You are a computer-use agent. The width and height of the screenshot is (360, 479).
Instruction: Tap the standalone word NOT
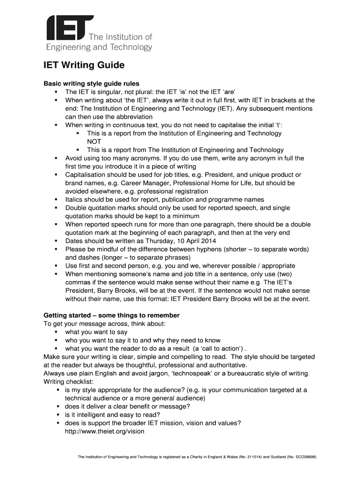[x=94, y=141]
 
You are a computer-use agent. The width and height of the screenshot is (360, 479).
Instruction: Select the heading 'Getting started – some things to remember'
[x=111, y=315]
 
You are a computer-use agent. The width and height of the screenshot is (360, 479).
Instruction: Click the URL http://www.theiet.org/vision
[x=105, y=431]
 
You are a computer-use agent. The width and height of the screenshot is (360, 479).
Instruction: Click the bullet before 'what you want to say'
[x=57, y=332]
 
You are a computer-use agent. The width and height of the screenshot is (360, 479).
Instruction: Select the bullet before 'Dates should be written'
[x=57, y=241]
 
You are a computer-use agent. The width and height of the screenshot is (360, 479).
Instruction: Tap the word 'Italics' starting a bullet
[x=75, y=200]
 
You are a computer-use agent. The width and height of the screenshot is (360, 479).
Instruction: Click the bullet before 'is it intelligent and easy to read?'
[x=59, y=415]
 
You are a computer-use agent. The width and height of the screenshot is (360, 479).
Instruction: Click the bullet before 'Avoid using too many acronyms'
[x=57, y=159]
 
